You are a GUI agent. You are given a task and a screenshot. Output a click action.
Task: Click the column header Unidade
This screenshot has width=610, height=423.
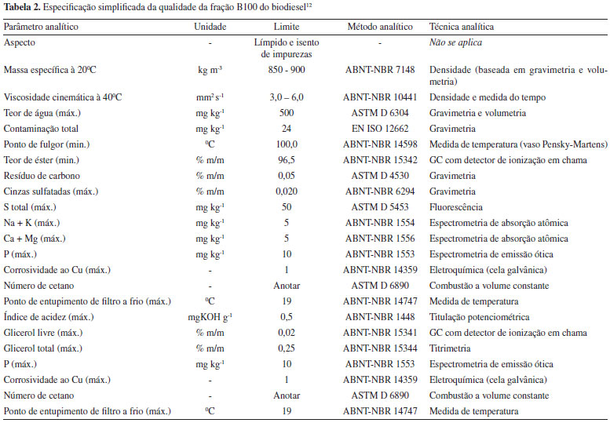click(x=210, y=27)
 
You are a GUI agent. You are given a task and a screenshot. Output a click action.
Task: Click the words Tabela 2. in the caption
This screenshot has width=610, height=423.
click(x=24, y=7)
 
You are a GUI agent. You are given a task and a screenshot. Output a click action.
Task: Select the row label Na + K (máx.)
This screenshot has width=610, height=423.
click(x=35, y=224)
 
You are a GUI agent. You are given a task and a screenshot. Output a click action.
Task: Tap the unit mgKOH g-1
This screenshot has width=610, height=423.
click(x=210, y=317)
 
